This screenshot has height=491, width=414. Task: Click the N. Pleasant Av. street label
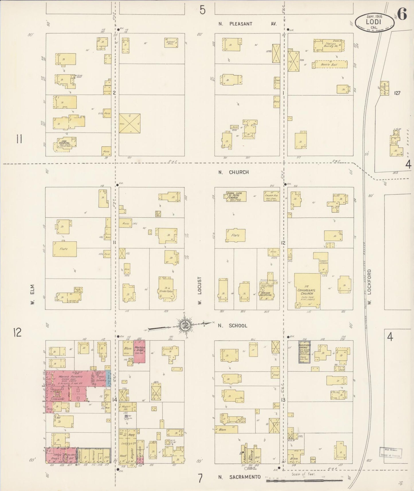pyautogui.click(x=248, y=24)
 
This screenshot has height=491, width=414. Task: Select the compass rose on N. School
pyautogui.click(x=184, y=325)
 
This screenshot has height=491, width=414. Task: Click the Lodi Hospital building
pyautogui.click(x=65, y=144)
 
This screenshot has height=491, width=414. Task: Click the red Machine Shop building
pyautogui.click(x=139, y=351)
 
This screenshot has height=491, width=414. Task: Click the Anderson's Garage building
pyautogui.click(x=304, y=351)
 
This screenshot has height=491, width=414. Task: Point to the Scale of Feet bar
pyautogui.click(x=304, y=481)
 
